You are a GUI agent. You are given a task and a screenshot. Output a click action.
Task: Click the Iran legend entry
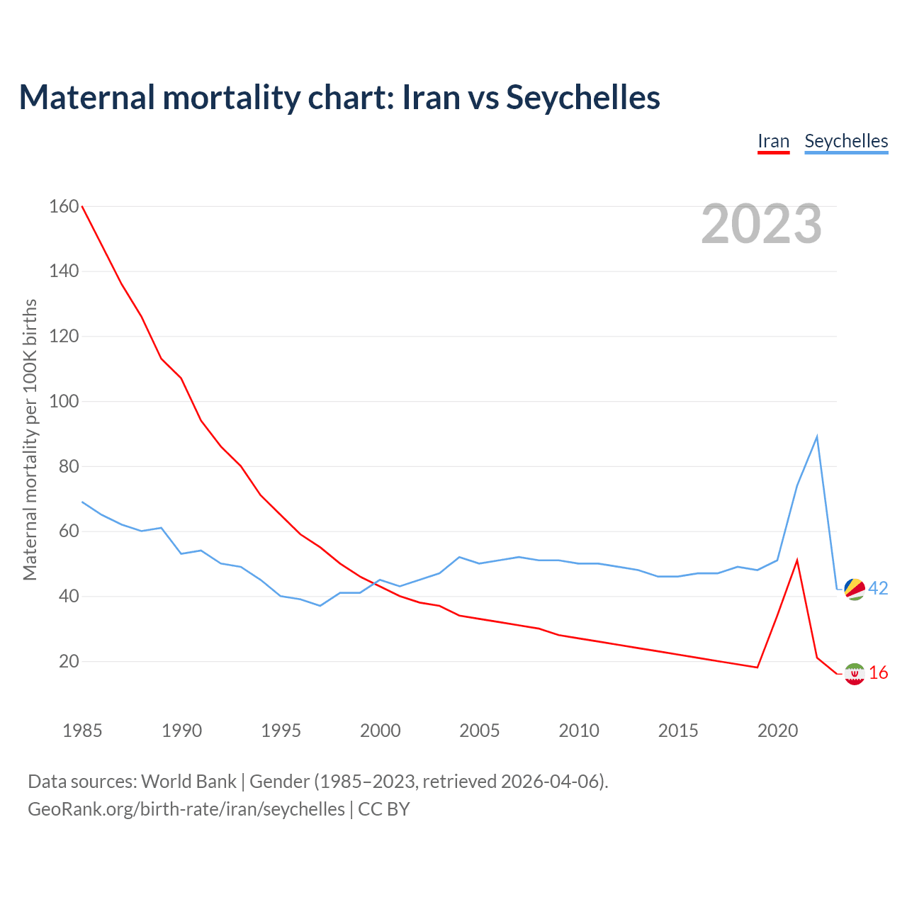(773, 141)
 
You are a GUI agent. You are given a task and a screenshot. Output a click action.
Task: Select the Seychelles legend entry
(846, 141)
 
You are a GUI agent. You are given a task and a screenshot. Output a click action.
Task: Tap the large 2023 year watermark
(761, 224)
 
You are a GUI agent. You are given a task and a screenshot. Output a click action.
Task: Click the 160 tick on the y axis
(64, 206)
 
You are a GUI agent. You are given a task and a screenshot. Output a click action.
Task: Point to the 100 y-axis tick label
(64, 401)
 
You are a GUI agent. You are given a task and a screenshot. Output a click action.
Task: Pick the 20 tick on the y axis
(69, 661)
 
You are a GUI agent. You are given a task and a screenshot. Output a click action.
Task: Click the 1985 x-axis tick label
(82, 731)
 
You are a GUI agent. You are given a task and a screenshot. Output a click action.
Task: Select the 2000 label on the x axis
(381, 731)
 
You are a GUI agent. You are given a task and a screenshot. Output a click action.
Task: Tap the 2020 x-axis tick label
(777, 731)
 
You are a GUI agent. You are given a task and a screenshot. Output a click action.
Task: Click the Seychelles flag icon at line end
(855, 589)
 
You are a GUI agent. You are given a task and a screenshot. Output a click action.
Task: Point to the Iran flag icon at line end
(855, 674)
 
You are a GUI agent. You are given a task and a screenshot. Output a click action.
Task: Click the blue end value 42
(878, 588)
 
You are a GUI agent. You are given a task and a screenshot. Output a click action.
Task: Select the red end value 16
(878, 672)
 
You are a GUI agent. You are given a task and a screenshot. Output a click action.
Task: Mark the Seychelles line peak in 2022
(817, 436)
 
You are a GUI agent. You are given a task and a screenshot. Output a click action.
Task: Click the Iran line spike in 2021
(797, 560)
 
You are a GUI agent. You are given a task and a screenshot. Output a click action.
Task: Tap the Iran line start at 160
(82, 206)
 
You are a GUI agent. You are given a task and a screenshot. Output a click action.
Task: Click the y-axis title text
(30, 439)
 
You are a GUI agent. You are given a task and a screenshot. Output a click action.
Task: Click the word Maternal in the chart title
(86, 97)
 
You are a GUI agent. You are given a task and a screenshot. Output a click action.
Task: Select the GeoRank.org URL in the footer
(186, 809)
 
